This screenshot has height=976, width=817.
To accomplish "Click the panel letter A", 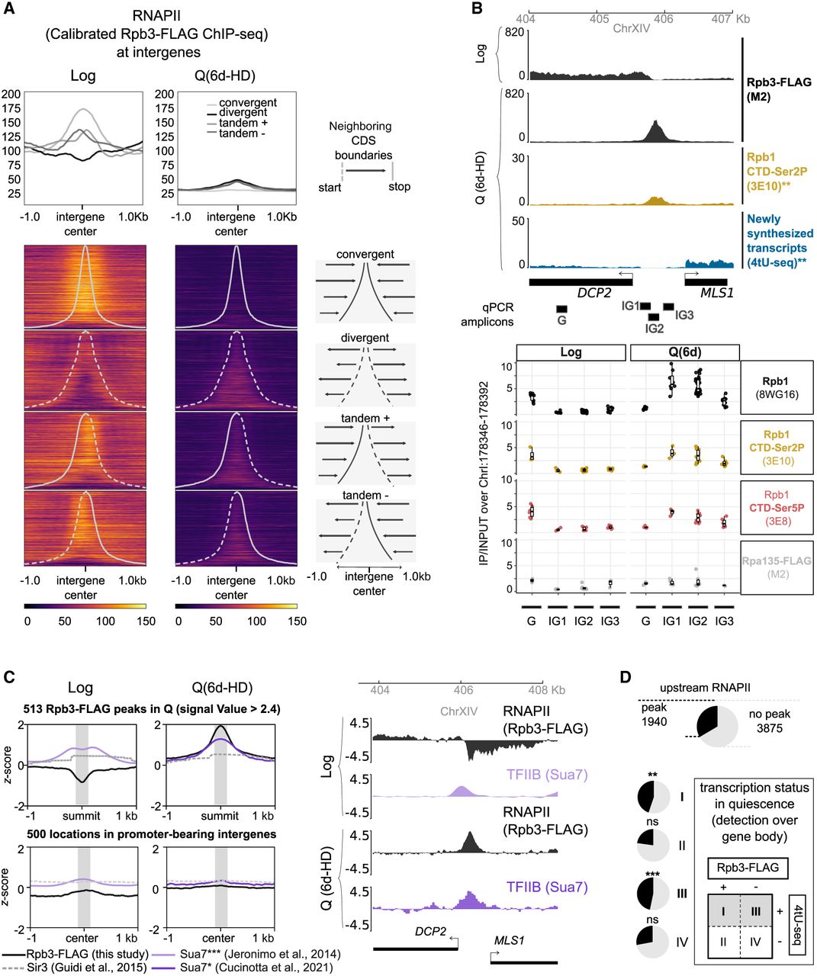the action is coord(10,8).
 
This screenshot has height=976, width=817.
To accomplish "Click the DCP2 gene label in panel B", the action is coord(594,292).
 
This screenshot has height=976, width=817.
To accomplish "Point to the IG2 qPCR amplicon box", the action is coord(654,317).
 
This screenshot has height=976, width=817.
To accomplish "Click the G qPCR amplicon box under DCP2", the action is coord(561,309).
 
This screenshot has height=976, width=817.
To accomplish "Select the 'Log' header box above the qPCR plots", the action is coord(571,352).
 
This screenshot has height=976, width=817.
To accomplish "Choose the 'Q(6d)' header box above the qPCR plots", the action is coord(685,352).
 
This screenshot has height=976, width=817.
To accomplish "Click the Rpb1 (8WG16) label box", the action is coord(777,387).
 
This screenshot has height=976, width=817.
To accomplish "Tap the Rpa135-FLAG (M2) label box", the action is coord(777,567).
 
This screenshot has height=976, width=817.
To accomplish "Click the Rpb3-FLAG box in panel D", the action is coord(748,868).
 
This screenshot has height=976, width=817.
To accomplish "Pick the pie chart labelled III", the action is coord(653,893).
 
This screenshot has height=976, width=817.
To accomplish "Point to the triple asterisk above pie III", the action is coord(652,873).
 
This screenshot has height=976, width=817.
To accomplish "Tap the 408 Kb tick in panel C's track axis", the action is coord(542,690).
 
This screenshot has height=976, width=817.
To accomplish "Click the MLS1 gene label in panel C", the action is coord(510,939).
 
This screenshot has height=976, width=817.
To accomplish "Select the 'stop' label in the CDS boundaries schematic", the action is coord(399,187).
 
